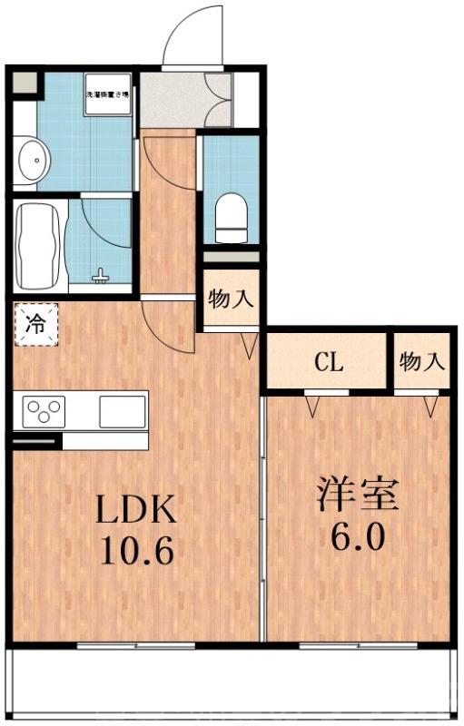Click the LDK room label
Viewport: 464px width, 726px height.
[136, 511]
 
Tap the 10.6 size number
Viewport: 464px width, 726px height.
[136, 551]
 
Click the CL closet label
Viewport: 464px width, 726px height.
[328, 363]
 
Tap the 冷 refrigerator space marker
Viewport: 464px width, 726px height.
[35, 324]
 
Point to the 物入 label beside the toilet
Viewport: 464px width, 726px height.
[231, 299]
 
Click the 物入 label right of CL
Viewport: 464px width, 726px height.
[421, 362]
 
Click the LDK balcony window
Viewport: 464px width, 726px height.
[136, 646]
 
